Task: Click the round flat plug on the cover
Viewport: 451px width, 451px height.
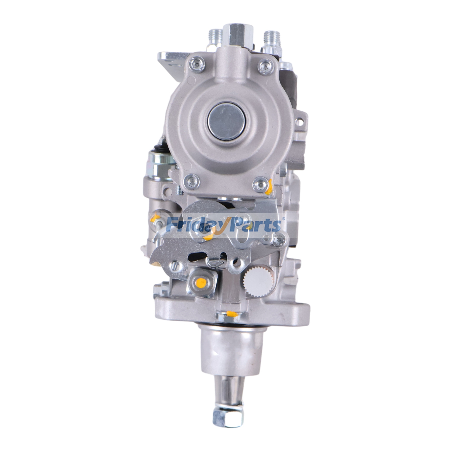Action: pos(227,121)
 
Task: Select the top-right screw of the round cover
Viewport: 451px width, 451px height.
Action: pos(265,67)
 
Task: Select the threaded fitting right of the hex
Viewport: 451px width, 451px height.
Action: pos(272,42)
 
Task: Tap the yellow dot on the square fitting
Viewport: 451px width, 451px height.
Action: pos(201,283)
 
